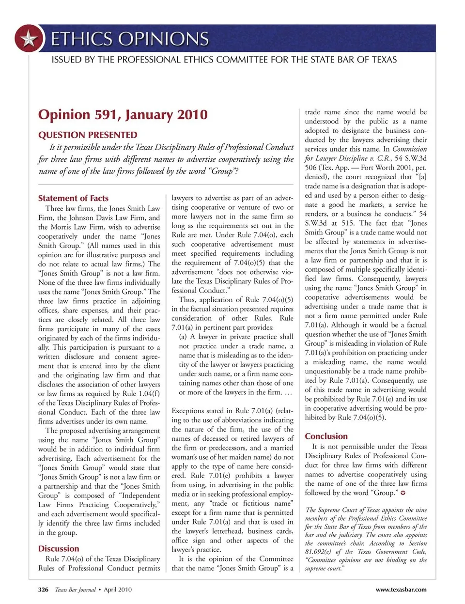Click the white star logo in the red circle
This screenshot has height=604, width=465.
29,39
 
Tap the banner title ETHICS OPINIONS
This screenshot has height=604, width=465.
130,39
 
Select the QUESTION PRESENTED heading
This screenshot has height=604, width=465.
88,135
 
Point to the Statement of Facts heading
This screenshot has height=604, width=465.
73,198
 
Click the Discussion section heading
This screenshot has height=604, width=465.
59,548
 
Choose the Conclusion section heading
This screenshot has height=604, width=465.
326,436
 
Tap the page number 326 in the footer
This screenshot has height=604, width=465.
43,589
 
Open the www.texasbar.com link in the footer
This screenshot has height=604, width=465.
401,589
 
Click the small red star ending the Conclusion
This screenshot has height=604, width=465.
403,493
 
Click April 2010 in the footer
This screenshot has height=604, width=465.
118,589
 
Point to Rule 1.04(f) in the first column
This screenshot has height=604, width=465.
139,393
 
